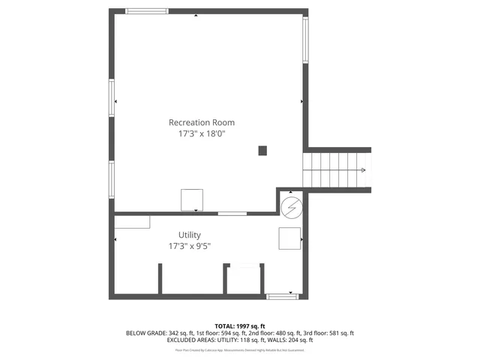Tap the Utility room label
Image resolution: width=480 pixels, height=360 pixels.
click(x=189, y=235)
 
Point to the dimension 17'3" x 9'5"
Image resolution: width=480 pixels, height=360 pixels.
click(x=189, y=246)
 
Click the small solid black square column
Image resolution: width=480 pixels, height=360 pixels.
click(x=262, y=150)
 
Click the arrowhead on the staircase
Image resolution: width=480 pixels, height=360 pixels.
click(x=363, y=170)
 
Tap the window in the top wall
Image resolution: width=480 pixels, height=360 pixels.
click(x=147, y=11)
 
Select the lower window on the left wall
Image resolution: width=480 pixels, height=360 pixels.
click(x=112, y=178)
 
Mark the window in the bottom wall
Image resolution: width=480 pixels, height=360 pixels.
click(x=282, y=297)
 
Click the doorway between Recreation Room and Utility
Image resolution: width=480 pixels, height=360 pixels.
click(x=232, y=214)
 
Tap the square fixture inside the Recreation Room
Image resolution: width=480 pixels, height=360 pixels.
click(x=192, y=199)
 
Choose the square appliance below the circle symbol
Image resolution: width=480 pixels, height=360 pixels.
click(x=289, y=238)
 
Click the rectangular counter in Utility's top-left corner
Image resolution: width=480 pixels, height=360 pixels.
click(x=132, y=221)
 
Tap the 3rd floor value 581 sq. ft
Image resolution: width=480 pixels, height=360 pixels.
click(x=341, y=333)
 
